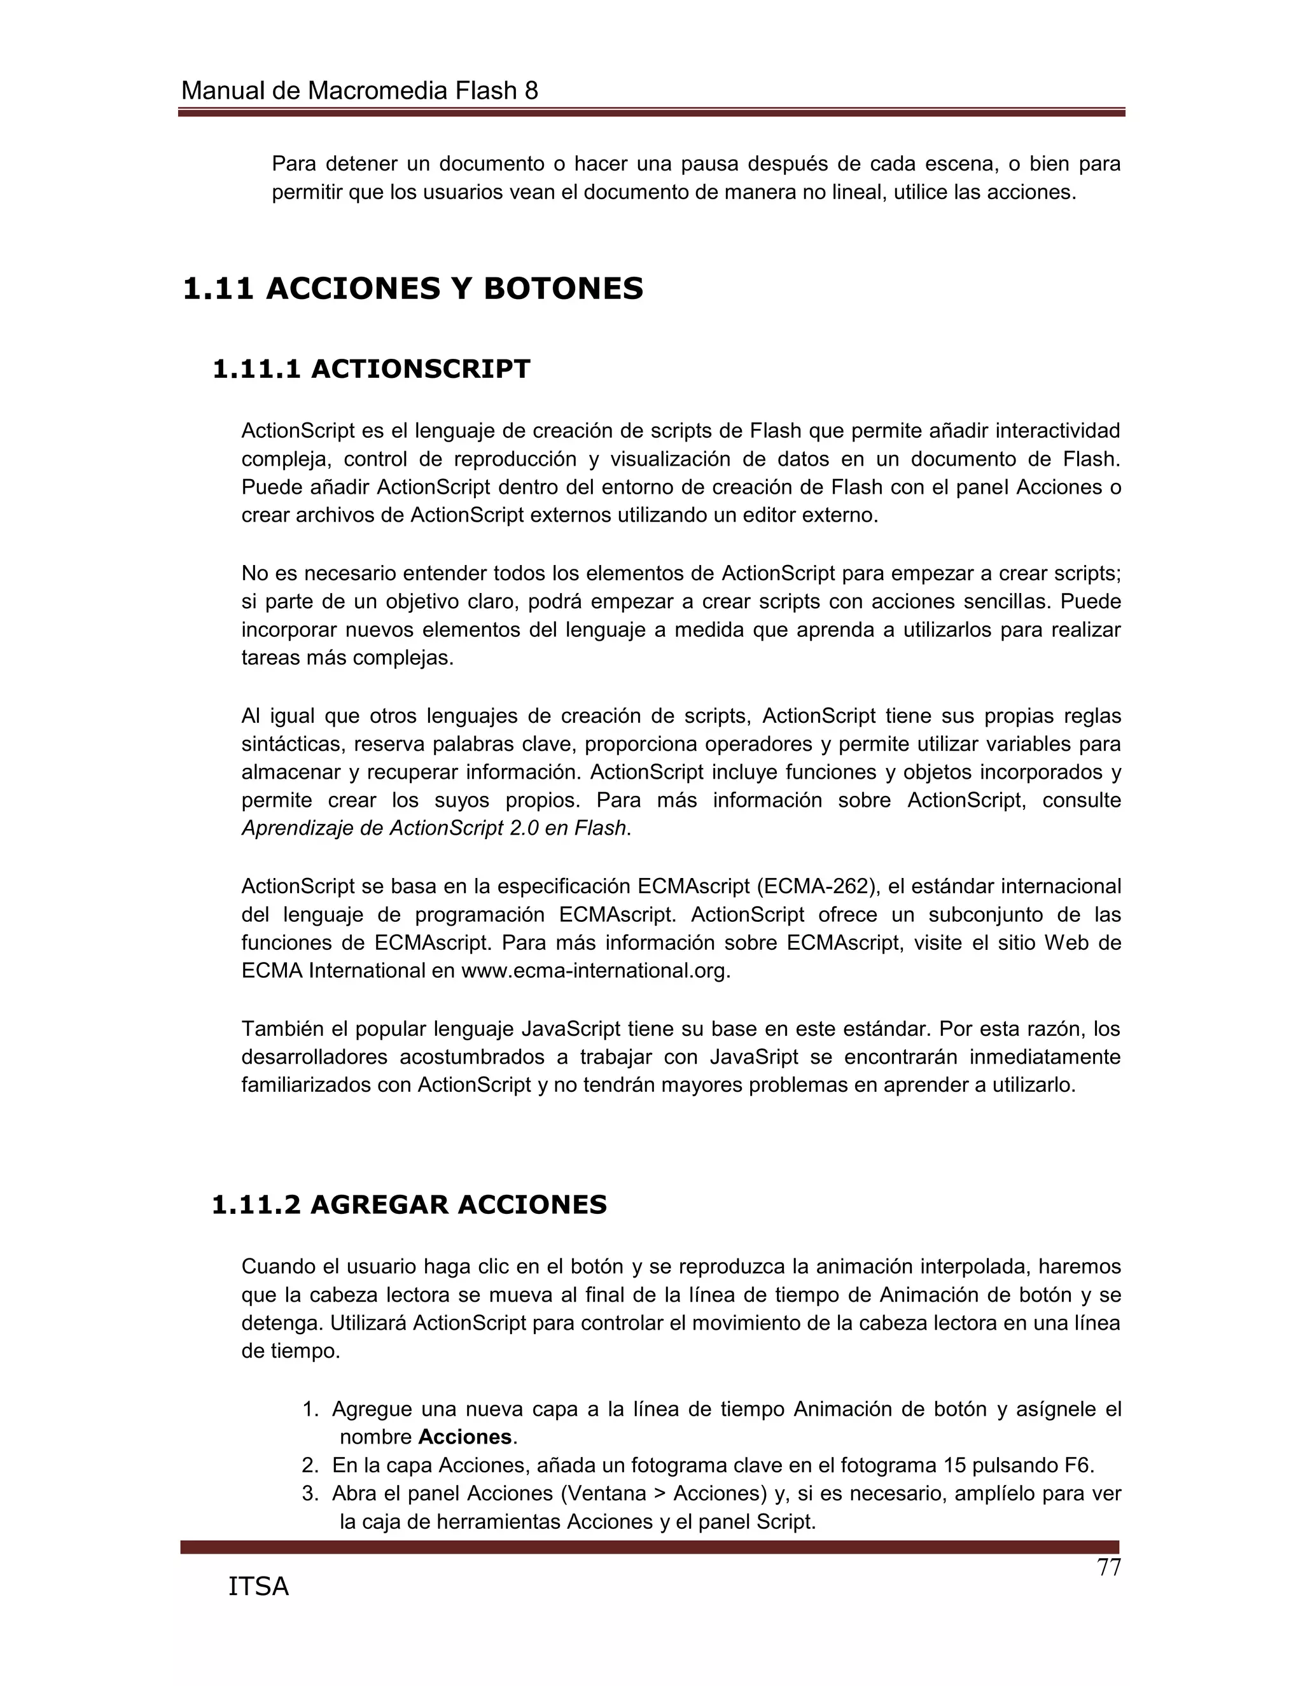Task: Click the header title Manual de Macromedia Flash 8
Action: click(359, 91)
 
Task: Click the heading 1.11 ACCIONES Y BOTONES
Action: click(412, 289)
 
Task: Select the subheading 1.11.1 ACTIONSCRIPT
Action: click(372, 369)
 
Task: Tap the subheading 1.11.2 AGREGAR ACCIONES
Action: click(409, 1204)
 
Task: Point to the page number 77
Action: click(1108, 1568)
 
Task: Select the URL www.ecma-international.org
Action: click(594, 971)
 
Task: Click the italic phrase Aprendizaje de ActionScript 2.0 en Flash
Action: click(434, 828)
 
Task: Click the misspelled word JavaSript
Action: click(760, 1057)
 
